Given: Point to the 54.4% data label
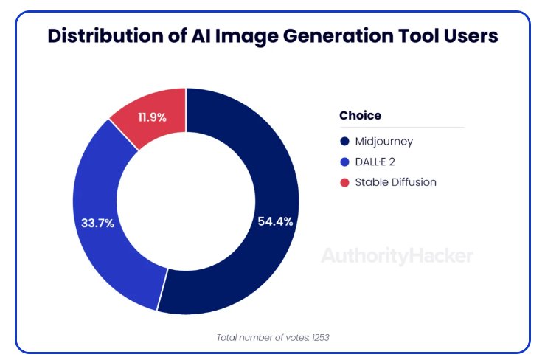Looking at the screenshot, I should click(274, 221).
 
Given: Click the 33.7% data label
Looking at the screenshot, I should click(96, 223).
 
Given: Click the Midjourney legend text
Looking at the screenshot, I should click(383, 141).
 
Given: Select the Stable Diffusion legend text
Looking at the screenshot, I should click(396, 181).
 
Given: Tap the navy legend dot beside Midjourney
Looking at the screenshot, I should click(344, 141).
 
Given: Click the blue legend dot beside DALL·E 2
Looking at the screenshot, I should click(344, 162).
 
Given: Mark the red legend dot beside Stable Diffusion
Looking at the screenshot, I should click(344, 181).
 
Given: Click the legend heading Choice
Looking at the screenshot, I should click(360, 115).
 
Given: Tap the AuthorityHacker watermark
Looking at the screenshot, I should click(397, 256).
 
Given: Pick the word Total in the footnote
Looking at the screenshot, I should click(229, 337).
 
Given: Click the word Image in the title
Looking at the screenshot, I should click(242, 35).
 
